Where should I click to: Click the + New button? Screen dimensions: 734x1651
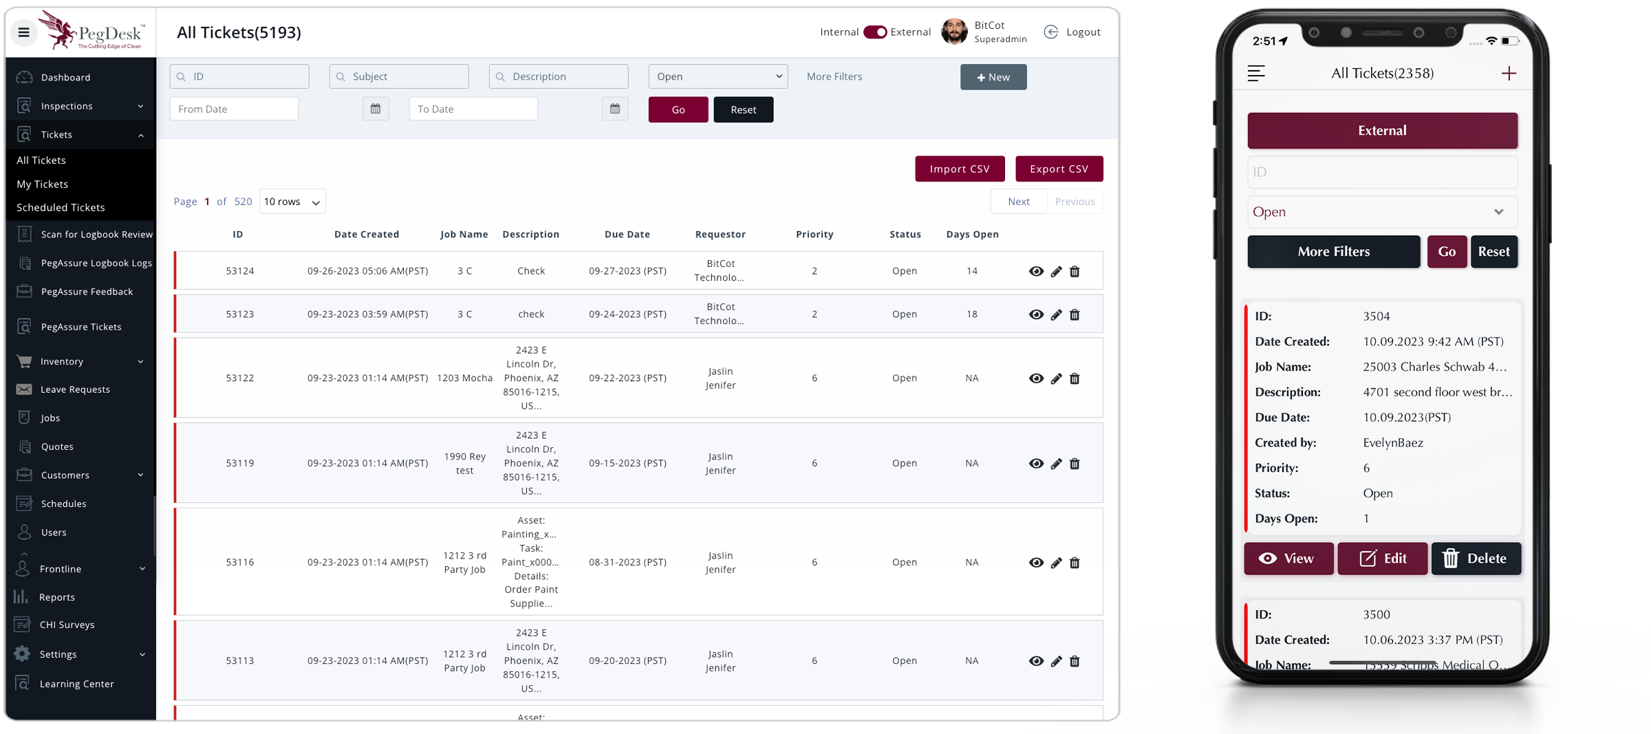point(993,77)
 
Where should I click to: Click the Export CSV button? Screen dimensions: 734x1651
point(1059,169)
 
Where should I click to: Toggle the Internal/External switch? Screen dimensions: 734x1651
point(875,32)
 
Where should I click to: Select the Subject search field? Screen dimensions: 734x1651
point(399,76)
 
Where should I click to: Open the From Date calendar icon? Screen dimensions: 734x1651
point(376,109)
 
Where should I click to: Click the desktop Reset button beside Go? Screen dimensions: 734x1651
point(743,109)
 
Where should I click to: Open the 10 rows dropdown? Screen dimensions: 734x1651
point(292,202)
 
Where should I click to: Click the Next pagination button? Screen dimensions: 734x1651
point(1018,202)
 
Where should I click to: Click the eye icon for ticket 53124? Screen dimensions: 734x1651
point(1035,271)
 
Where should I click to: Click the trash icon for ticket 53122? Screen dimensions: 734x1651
point(1075,378)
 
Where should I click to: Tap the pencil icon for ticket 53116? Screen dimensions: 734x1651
point(1056,563)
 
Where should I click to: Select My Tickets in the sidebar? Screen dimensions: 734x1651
point(43,184)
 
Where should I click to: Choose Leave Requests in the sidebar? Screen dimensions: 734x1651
point(75,389)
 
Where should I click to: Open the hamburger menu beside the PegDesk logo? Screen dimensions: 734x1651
point(23,32)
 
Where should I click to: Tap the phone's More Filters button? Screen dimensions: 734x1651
point(1333,252)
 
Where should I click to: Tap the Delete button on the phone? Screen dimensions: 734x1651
point(1476,559)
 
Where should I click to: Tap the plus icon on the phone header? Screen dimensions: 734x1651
point(1508,74)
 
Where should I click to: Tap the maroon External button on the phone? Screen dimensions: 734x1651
point(1382,131)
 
